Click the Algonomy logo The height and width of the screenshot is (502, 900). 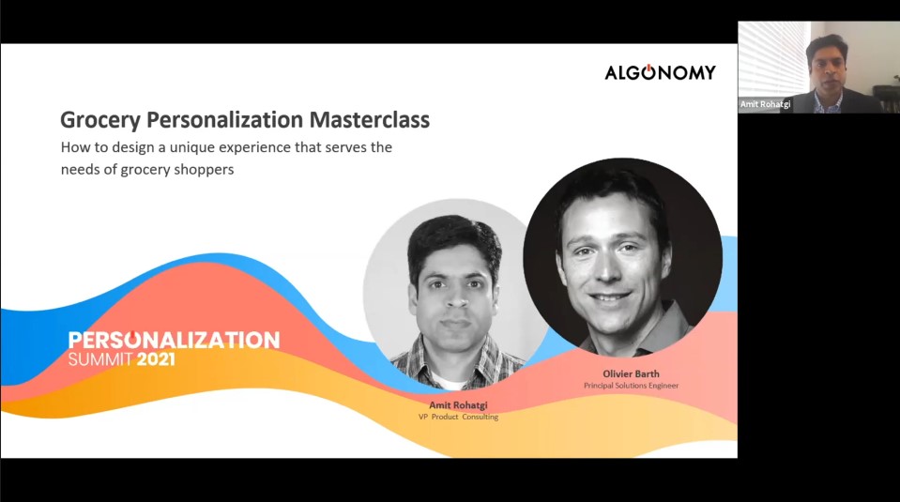click(660, 72)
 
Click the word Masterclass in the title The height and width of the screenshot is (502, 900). click(370, 119)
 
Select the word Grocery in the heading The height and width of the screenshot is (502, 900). click(100, 120)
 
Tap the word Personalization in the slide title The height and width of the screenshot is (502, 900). click(225, 119)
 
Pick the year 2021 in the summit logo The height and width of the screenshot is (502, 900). click(156, 359)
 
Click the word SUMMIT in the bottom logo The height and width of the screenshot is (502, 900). click(100, 359)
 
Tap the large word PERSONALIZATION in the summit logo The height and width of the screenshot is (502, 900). click(174, 340)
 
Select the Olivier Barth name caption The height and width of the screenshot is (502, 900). click(631, 374)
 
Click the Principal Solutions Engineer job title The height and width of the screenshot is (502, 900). click(631, 386)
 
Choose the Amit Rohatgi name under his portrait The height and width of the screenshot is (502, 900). click(458, 405)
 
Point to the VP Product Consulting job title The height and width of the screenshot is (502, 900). click(458, 418)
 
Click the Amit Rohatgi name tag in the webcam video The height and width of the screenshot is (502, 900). click(765, 104)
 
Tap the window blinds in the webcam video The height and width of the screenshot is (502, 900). click(773, 57)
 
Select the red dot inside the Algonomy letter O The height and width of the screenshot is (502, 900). click(648, 68)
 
